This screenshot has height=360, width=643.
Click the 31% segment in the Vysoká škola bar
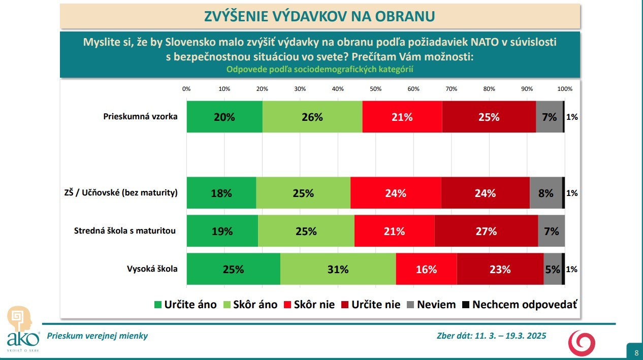pyautogui.click(x=338, y=269)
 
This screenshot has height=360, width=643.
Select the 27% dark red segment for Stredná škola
pyautogui.click(x=486, y=231)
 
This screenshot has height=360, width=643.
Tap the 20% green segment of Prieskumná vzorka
pyautogui.click(x=224, y=117)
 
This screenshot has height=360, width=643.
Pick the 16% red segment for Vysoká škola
pyautogui.click(x=426, y=269)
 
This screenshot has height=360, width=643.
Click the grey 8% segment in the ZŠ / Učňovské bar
pyautogui.click(x=545, y=192)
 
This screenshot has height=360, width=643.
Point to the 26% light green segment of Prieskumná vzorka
pyautogui.click(x=312, y=117)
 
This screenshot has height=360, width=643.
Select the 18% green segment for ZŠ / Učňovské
pyautogui.click(x=221, y=192)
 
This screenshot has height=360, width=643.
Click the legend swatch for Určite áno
pyautogui.click(x=158, y=305)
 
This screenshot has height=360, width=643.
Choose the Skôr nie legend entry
pyautogui.click(x=309, y=305)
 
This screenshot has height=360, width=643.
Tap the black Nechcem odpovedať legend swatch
pyautogui.click(x=466, y=305)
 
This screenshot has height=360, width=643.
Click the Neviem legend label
pyautogui.click(x=436, y=305)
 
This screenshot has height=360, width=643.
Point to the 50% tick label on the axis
pyautogui.click(x=375, y=89)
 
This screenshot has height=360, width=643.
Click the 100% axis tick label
pyautogui.click(x=565, y=89)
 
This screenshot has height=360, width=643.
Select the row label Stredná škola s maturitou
pyautogui.click(x=125, y=231)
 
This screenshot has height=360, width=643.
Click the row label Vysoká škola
pyautogui.click(x=152, y=269)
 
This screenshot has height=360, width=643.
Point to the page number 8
pyautogui.click(x=636, y=353)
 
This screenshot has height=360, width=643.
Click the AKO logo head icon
pyautogui.click(x=19, y=319)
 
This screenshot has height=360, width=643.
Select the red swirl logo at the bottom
pyautogui.click(x=582, y=343)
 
